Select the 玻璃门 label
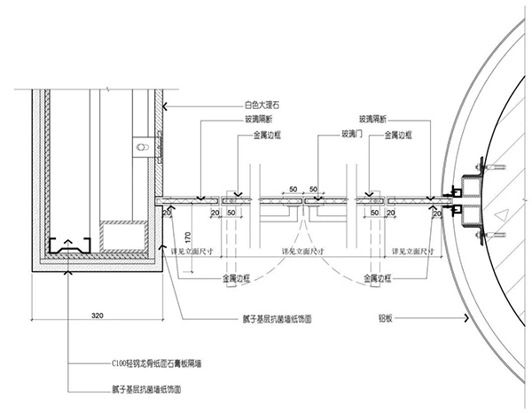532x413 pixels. click(x=341, y=136)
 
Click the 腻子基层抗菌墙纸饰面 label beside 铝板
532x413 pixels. click(x=273, y=316)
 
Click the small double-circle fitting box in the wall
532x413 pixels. click(x=140, y=144)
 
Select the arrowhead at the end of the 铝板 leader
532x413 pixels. click(x=467, y=316)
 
